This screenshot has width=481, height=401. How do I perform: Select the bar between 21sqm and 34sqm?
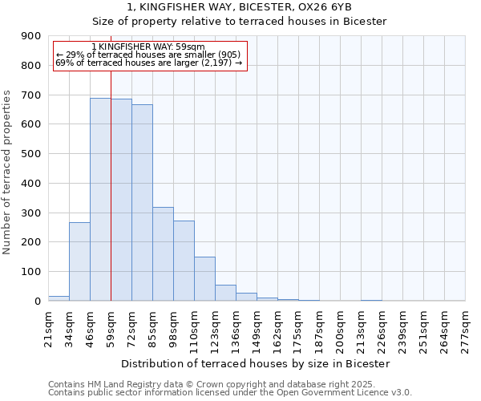[59, 298]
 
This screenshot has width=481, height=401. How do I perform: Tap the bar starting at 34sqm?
[79, 261]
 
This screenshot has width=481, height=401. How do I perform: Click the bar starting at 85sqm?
[163, 253]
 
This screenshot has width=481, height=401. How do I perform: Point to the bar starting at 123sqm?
[225, 293]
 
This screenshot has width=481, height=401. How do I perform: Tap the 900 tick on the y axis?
[31, 36]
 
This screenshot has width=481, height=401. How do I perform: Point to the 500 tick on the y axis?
[31, 154]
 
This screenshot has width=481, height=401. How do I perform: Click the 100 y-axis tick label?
[31, 272]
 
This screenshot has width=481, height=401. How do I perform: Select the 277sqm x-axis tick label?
[465, 328]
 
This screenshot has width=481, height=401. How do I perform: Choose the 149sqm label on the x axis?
[257, 328]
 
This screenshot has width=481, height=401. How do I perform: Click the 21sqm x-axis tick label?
[48, 328]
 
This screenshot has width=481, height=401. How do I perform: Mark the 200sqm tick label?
[340, 328]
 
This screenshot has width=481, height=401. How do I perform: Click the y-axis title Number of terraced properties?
[8, 172]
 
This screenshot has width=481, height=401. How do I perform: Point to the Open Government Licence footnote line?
[230, 392]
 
